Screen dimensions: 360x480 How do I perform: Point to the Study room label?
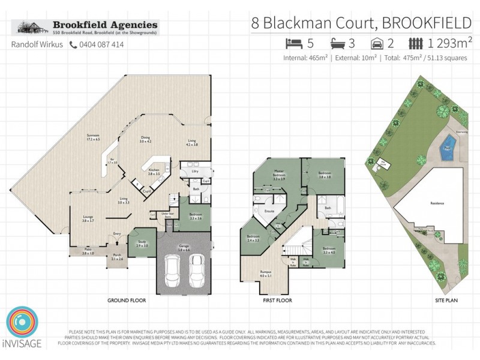pyautogui.click(x=142, y=244)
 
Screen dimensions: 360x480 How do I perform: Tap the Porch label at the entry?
pyautogui.click(x=116, y=257)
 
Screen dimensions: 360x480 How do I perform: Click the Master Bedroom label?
pyautogui.click(x=278, y=176)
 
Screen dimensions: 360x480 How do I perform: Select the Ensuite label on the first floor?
pyautogui.click(x=269, y=211)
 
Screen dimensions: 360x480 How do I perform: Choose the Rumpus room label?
pyautogui.click(x=266, y=274)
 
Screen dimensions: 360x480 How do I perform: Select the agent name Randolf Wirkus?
pyautogui.click(x=38, y=44)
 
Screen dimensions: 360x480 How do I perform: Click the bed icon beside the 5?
pyautogui.click(x=293, y=43)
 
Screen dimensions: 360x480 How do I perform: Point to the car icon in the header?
pyautogui.click(x=378, y=43)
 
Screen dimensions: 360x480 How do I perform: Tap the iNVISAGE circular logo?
pyautogui.click(x=23, y=325)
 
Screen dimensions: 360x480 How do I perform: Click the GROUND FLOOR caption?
pyautogui.click(x=124, y=299)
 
